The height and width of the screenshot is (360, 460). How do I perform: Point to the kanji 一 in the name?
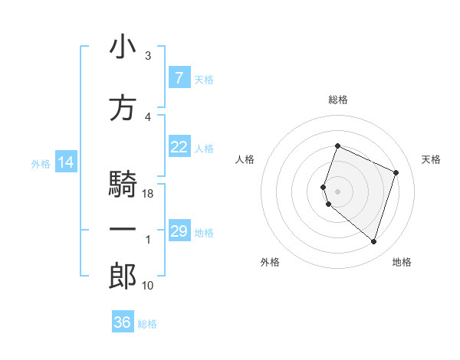(123, 230)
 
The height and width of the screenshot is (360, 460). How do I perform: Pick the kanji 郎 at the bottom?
(123, 277)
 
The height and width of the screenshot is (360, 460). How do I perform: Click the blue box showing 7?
(179, 78)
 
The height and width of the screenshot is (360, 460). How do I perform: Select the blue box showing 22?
(179, 147)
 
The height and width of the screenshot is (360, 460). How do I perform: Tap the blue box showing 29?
(179, 231)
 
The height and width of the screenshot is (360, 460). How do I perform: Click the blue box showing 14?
(66, 162)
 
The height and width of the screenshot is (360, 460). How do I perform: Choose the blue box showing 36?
(123, 322)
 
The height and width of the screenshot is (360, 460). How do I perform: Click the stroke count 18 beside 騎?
(148, 195)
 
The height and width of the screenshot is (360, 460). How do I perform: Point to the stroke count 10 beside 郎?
(148, 286)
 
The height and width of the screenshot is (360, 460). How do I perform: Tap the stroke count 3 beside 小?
(148, 57)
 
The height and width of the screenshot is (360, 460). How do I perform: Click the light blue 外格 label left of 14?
(41, 163)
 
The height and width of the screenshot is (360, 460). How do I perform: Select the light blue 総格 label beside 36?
(147, 324)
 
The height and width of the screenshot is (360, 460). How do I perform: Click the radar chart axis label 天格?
(432, 159)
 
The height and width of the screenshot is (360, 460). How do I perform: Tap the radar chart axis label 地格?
(402, 263)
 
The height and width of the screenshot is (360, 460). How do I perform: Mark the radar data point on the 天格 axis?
(396, 172)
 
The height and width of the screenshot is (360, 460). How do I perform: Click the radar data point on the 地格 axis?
(373, 242)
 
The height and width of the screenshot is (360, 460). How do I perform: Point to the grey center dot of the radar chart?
(337, 191)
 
